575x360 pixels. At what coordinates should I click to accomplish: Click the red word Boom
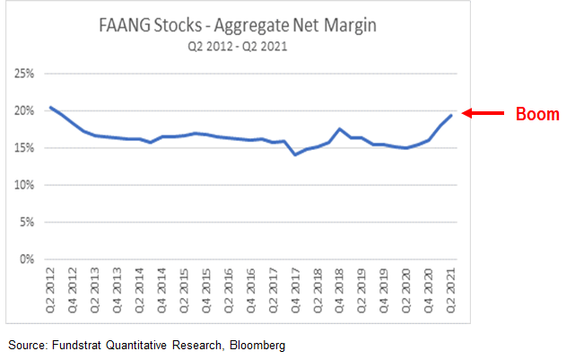(536, 115)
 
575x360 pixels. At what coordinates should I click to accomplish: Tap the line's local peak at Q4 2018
(339, 129)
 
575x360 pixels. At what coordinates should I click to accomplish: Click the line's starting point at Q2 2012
(51, 108)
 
